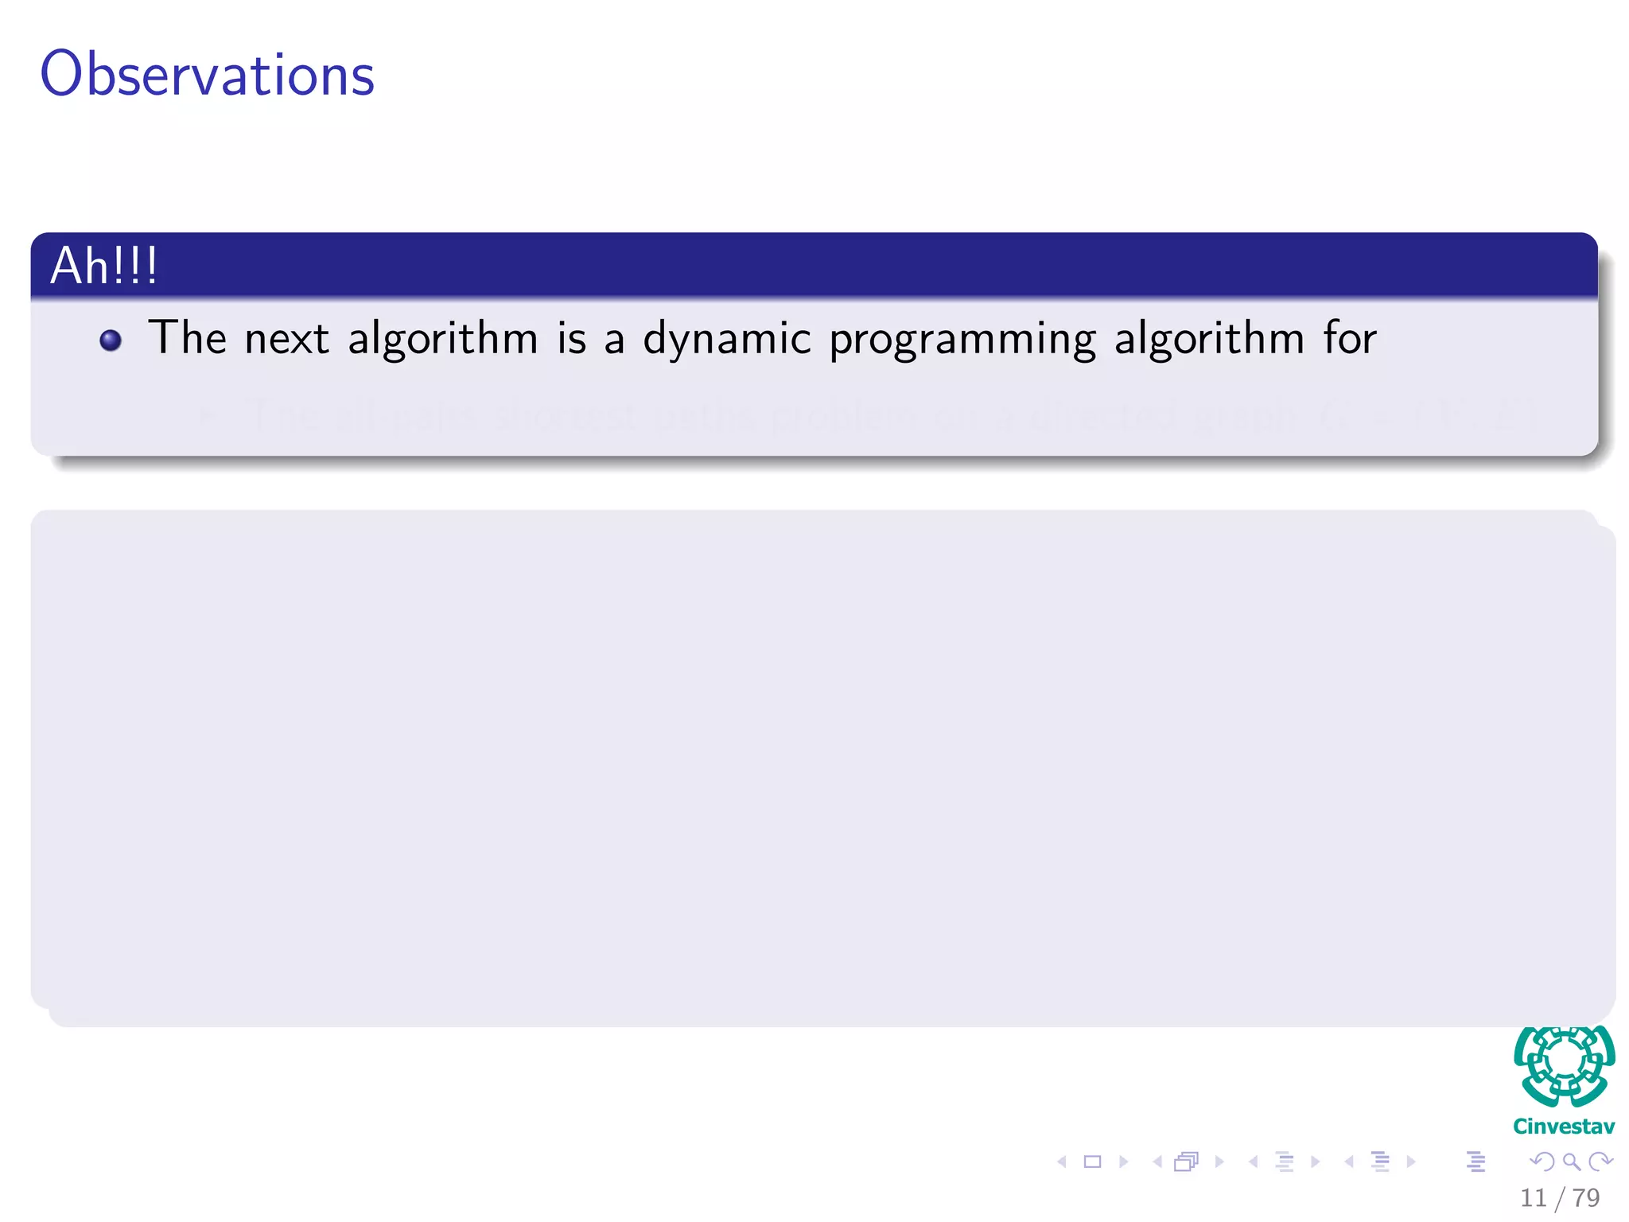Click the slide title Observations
(x=207, y=74)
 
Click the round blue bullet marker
(x=111, y=341)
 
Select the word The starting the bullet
(x=187, y=337)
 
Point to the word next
(x=286, y=339)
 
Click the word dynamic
(x=727, y=339)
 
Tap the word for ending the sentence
(x=1350, y=337)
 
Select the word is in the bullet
(x=571, y=337)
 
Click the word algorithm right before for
(x=1209, y=339)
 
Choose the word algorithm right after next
(x=443, y=339)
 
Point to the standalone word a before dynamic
(x=613, y=341)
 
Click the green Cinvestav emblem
(x=1564, y=1066)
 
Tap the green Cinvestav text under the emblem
(x=1564, y=1127)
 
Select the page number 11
(x=1533, y=1197)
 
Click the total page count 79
(x=1586, y=1197)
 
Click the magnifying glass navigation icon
(x=1571, y=1162)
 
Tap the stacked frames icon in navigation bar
(x=1186, y=1162)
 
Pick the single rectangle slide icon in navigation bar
(x=1092, y=1162)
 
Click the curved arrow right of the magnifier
(x=1600, y=1162)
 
